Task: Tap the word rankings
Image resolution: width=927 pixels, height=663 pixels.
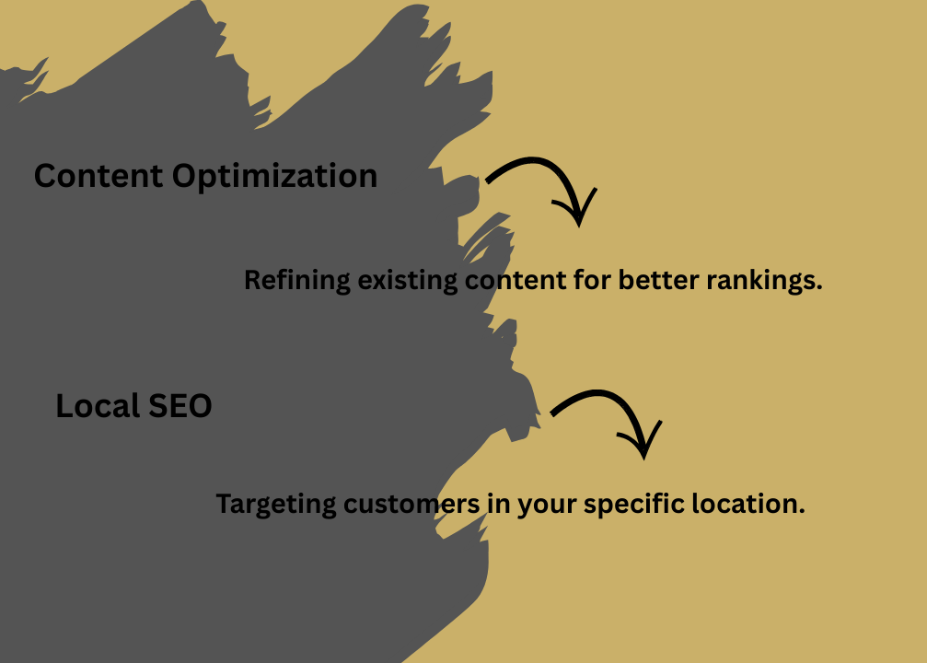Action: (x=764, y=281)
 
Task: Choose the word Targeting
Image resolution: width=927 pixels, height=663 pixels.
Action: (x=275, y=505)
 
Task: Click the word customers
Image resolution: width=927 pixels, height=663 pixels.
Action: (x=410, y=505)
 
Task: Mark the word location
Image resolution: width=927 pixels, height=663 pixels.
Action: (x=752, y=505)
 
